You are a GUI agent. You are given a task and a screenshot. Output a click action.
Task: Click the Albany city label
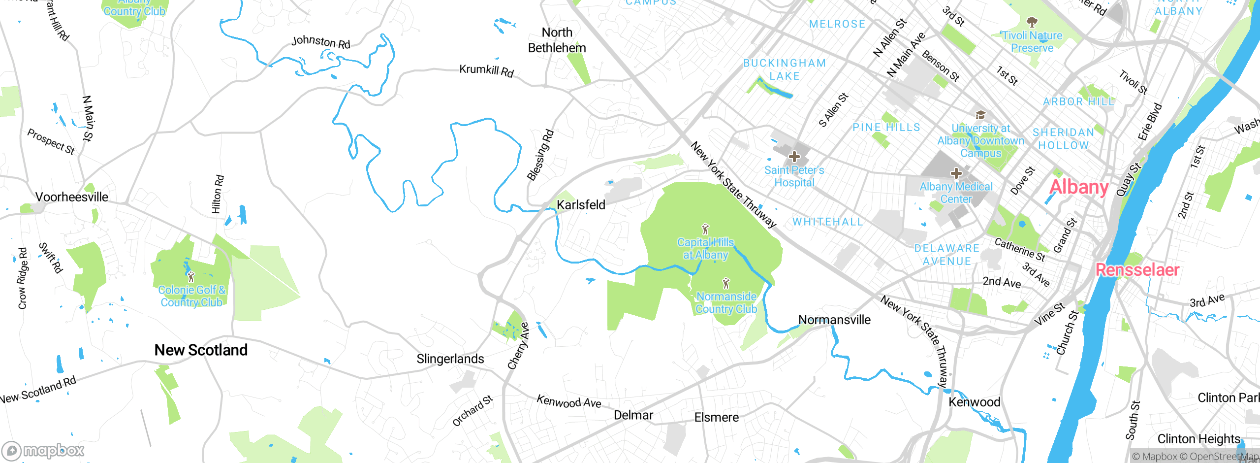coord(1079,187)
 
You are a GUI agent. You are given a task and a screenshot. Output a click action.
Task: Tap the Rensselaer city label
coord(1137,270)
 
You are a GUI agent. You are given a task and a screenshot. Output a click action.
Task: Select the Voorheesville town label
coord(72,197)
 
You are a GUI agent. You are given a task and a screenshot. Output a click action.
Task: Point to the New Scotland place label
coord(201,350)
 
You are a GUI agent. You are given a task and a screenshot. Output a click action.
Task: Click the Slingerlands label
coord(450,359)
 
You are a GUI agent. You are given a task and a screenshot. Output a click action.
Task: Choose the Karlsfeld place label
coord(581,205)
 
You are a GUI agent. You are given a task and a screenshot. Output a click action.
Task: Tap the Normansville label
coord(834,320)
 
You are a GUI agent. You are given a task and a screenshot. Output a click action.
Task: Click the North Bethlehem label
coord(557,40)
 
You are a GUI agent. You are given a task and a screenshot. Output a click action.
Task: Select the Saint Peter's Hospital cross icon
coord(794,157)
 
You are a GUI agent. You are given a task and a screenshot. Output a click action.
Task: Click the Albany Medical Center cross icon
coord(956,173)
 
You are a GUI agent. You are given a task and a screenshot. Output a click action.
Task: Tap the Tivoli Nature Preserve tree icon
coord(1032,22)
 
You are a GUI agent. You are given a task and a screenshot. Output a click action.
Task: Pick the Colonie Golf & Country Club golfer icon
coord(191,277)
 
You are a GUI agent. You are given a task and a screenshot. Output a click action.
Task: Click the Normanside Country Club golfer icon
coord(725,283)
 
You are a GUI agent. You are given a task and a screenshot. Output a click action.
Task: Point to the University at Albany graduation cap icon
coord(980,115)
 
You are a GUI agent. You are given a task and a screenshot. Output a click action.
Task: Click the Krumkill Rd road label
coord(486,71)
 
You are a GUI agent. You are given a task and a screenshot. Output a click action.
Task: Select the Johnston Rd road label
coord(321,42)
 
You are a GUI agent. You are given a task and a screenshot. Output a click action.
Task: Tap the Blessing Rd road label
coord(540,155)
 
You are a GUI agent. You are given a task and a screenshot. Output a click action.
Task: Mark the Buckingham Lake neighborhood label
coord(785,69)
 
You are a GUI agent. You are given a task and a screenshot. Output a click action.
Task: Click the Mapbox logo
coord(43,451)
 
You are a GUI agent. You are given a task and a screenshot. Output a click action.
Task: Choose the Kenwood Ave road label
coord(569,401)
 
